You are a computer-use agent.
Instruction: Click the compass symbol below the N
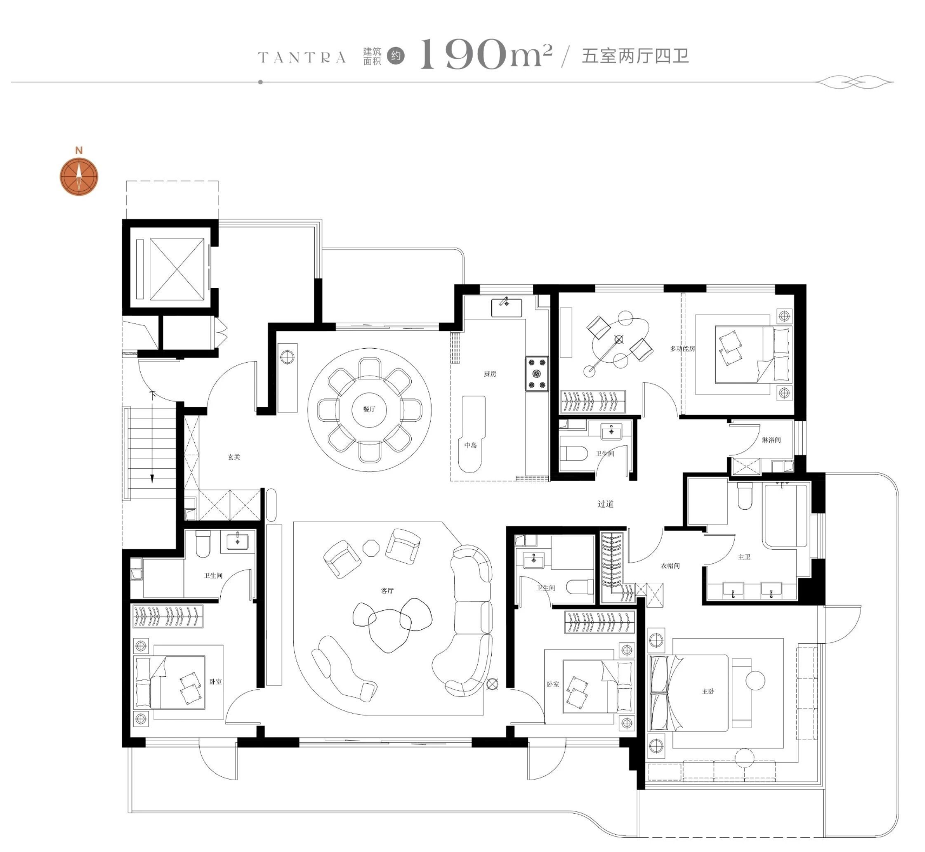click(x=79, y=177)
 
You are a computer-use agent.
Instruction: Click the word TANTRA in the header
click(x=302, y=57)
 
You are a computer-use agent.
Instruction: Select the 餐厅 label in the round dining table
click(x=369, y=409)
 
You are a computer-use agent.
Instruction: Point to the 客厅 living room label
click(x=387, y=590)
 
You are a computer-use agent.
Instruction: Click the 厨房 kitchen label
click(x=490, y=374)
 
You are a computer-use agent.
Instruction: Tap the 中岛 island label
click(x=471, y=445)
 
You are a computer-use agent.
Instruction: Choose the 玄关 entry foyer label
click(x=234, y=457)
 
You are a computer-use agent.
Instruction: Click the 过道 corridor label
click(x=605, y=504)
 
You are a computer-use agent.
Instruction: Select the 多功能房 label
click(x=682, y=349)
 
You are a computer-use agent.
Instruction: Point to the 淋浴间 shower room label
click(x=771, y=440)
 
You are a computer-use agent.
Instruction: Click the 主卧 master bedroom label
click(x=708, y=691)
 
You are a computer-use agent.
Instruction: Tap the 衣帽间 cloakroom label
click(x=670, y=565)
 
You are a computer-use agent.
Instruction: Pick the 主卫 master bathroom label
click(x=744, y=556)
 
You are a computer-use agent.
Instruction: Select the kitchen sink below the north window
click(x=506, y=307)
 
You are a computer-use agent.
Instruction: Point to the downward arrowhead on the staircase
click(x=153, y=478)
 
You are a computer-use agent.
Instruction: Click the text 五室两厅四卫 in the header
click(x=635, y=56)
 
